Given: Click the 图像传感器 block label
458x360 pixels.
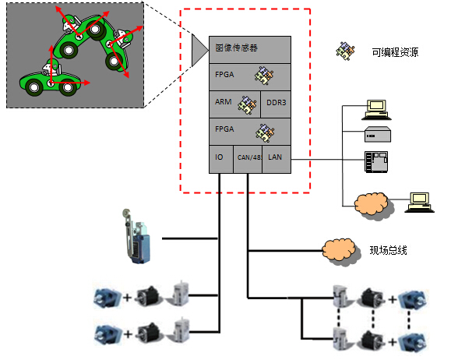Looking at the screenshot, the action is [x=236, y=48].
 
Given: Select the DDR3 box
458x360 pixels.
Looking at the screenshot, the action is [x=276, y=104].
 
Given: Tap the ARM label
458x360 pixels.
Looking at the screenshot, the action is [x=223, y=102].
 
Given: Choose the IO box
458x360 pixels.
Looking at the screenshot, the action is [x=221, y=159].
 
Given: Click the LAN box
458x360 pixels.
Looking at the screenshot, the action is [x=277, y=159].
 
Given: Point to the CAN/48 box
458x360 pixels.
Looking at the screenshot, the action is [x=248, y=159].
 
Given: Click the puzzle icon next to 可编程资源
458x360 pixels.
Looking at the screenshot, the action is [x=345, y=51].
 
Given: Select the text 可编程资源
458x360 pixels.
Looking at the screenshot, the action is [x=395, y=52].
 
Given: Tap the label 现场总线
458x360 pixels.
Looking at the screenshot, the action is [x=388, y=250].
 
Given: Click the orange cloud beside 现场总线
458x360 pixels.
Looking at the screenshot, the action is [x=339, y=251].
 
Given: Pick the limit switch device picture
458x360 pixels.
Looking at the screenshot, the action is [x=136, y=237].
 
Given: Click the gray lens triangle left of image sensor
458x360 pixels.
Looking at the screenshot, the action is [x=199, y=50].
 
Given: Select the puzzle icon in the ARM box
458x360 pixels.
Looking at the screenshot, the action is [x=247, y=104].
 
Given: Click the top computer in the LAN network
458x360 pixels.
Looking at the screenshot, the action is [x=376, y=110].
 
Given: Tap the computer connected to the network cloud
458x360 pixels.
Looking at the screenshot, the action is [x=419, y=202].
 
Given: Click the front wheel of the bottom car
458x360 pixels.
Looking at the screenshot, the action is [x=68, y=87].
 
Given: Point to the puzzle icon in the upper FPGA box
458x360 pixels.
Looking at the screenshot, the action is [x=264, y=76].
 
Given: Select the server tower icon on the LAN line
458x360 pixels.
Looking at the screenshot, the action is [x=376, y=161].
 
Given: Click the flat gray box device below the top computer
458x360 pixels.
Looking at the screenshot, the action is [x=378, y=134].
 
